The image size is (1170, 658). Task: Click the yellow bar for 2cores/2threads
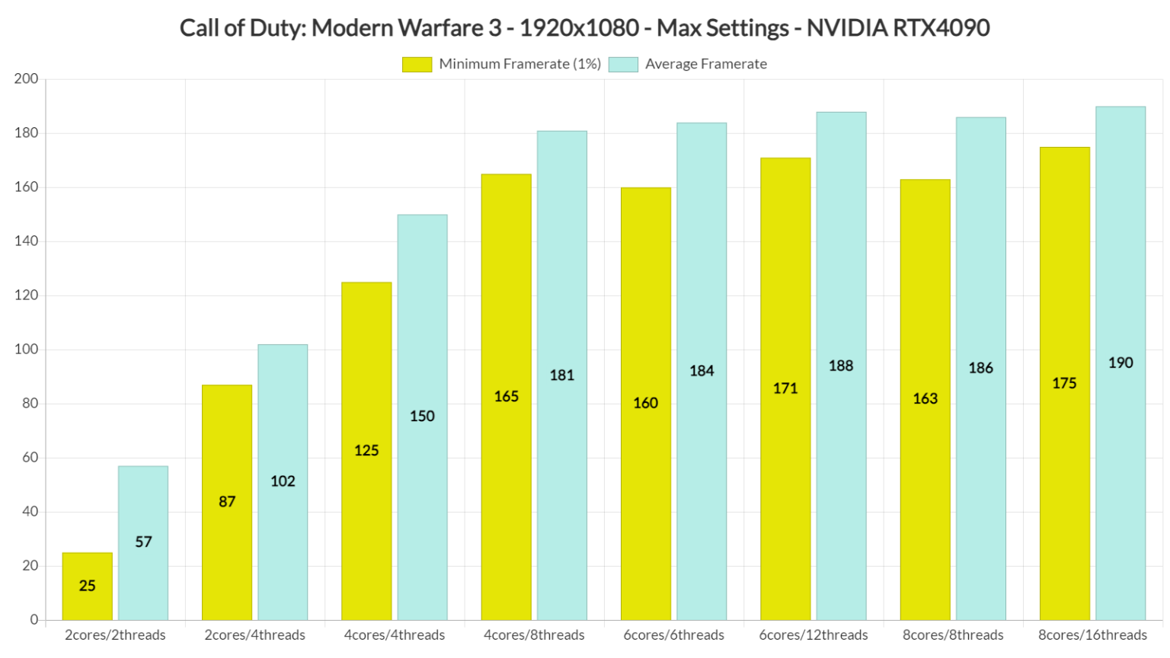click(87, 586)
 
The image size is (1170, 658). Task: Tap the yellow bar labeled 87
click(227, 502)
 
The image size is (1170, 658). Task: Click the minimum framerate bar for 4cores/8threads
click(506, 396)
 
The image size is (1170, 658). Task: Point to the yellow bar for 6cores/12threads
click(785, 388)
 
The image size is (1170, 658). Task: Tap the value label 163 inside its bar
click(925, 398)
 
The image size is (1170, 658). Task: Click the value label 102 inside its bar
click(283, 481)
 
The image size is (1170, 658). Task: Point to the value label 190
click(1120, 363)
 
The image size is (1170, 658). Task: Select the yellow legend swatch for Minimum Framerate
click(417, 65)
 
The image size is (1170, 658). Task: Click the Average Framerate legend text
click(705, 64)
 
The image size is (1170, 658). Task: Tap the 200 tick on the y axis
click(26, 79)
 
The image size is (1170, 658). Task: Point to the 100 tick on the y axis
click(26, 350)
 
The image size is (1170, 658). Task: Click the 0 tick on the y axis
click(34, 620)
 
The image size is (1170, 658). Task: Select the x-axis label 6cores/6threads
click(673, 634)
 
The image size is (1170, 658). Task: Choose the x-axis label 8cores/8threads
click(953, 634)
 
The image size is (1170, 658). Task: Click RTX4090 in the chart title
click(941, 28)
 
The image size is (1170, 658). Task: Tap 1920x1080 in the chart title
click(579, 28)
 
